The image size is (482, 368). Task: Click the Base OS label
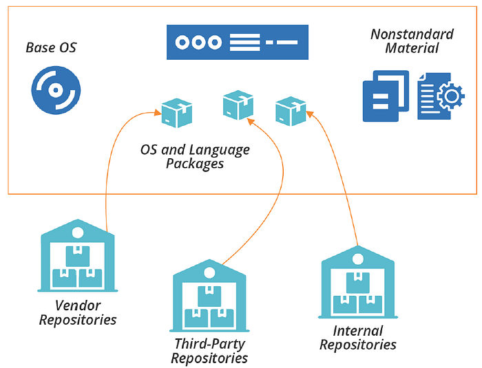point(51,47)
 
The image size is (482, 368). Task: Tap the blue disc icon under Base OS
point(56,90)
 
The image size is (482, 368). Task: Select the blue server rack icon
point(238,42)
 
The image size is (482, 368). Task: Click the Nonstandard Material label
point(412,41)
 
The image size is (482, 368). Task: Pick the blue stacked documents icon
point(386,96)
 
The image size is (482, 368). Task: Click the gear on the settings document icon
point(451,96)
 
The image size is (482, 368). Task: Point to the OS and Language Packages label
point(195,156)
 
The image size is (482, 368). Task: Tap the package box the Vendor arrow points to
point(177,113)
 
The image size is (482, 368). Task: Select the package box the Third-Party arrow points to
point(238,105)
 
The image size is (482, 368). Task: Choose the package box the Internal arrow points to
point(291,111)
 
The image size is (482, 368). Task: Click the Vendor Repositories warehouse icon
point(77,255)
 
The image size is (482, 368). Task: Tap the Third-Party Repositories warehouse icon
point(209,296)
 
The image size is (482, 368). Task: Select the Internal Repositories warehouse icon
point(358,282)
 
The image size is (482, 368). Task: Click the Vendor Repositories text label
point(78,312)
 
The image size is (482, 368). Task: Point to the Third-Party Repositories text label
point(209,351)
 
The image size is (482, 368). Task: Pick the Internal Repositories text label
point(358,338)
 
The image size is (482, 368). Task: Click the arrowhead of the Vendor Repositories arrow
point(158,113)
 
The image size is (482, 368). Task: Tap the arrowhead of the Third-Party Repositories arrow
point(251,122)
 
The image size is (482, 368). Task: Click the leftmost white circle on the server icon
point(182,42)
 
